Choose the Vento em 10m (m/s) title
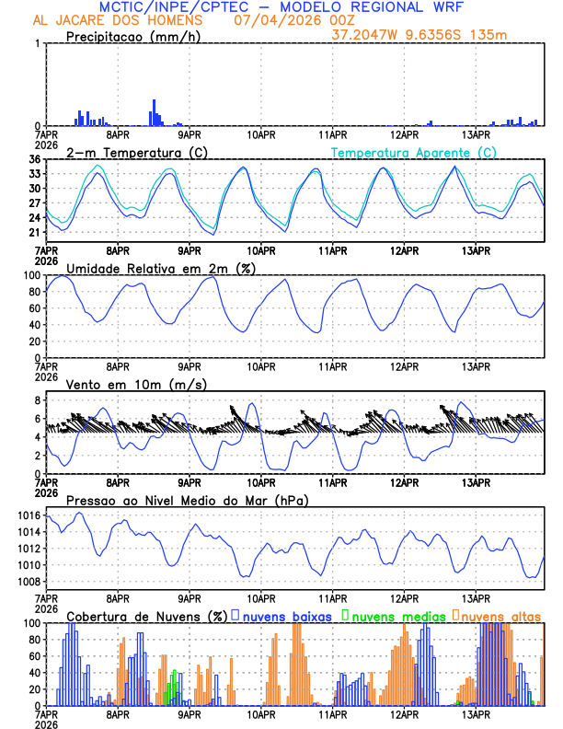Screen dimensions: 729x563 (x=136, y=384)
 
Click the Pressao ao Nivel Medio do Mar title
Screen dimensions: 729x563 (x=187, y=500)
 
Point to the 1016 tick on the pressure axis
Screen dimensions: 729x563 (x=29, y=515)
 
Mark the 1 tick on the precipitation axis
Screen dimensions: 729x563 (x=37, y=43)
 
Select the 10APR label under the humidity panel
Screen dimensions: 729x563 (x=261, y=365)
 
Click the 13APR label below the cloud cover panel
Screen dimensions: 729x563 (x=476, y=713)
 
